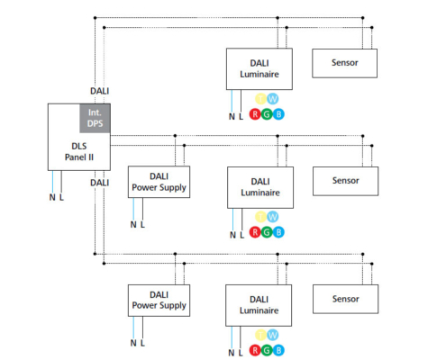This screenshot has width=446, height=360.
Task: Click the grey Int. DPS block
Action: tap(95, 118)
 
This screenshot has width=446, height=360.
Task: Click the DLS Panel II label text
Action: tap(79, 151)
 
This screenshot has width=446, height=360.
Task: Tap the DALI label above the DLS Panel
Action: tap(100, 91)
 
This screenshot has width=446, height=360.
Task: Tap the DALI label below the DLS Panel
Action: tap(100, 183)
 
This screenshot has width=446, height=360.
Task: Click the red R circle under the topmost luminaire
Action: tap(255, 114)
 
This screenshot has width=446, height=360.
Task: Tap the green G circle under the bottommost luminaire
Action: tap(267, 350)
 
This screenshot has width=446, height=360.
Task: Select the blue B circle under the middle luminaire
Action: tap(278, 232)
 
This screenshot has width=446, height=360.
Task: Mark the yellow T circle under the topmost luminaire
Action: tap(260, 99)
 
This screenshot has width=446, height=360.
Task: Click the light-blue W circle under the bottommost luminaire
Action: tap(273, 335)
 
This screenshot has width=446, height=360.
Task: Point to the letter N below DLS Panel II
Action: tap(52, 197)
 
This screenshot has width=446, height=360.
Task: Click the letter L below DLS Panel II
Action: tap(61, 197)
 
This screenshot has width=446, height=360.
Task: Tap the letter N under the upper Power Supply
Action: tap(133, 224)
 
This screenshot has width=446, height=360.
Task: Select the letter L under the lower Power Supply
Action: tap(142, 343)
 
